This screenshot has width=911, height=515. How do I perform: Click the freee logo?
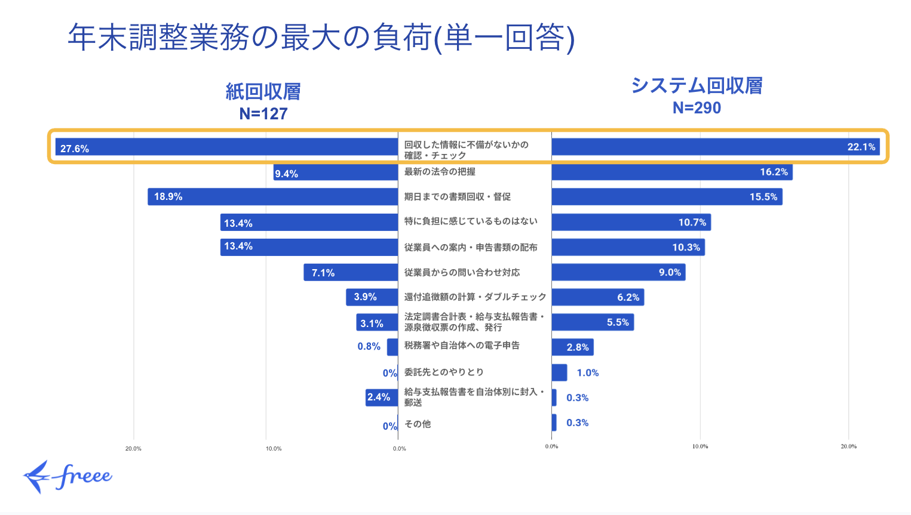(68, 476)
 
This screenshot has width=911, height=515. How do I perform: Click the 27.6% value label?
(75, 149)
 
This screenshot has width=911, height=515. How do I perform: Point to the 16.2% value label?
(774, 172)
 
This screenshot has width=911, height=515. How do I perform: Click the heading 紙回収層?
(263, 91)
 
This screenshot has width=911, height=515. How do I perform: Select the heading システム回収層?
(697, 86)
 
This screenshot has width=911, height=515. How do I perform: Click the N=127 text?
(263, 113)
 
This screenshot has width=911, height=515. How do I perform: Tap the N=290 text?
(697, 108)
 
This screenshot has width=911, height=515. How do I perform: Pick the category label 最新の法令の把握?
(440, 172)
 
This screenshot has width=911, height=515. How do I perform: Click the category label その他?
(418, 424)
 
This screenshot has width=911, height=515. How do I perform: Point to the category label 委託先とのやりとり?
(444, 372)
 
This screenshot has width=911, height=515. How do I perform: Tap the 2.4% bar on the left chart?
(382, 397)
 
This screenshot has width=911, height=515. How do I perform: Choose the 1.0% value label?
(587, 373)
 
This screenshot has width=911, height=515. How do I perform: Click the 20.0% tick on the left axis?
(133, 448)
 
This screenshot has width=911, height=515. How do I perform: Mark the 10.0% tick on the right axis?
(700, 446)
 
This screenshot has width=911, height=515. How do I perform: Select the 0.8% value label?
(369, 346)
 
